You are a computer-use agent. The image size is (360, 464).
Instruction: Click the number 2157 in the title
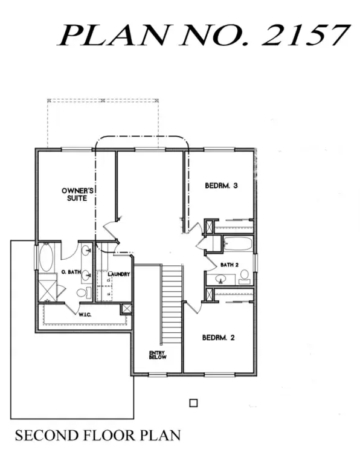pos(306,35)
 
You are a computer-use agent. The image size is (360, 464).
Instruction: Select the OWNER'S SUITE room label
pos(77,195)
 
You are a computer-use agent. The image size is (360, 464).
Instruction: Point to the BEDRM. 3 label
pos(221,185)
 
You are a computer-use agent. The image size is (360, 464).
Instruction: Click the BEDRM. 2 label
pos(218,337)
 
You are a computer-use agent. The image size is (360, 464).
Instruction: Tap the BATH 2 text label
pos(230,265)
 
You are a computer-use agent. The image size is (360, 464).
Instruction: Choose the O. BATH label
pos(71,272)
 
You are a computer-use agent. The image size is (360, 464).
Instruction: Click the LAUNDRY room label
pos(118,274)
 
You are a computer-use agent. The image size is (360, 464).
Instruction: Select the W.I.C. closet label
pos(85,315)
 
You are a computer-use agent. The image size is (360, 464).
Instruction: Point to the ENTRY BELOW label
pos(158,355)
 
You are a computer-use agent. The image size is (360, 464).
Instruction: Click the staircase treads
pos(172,304)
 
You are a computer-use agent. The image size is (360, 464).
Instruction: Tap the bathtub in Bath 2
pos(237,243)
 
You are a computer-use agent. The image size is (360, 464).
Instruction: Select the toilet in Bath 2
pos(245,277)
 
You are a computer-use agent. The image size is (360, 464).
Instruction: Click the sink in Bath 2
pos(220,279)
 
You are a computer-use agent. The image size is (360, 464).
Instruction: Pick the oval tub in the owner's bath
pos(47,257)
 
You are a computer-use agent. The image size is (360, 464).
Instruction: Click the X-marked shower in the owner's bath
pos(47,291)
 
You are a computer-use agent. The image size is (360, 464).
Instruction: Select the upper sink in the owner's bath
pos(86,250)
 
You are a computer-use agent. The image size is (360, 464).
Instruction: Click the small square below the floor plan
pos(193,403)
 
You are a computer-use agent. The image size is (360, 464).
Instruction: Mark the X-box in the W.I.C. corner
pos(126,309)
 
